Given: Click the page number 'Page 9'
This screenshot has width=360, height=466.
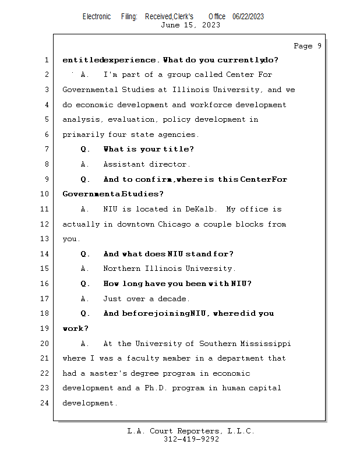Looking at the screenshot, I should coord(308,46).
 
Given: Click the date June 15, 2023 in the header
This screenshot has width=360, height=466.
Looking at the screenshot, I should coord(190,25).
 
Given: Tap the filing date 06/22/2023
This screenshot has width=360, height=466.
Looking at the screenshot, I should coord(248,16).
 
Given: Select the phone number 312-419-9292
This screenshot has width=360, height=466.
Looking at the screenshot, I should coord(191,439).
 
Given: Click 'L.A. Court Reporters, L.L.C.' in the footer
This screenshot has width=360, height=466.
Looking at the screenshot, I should coord(190,431).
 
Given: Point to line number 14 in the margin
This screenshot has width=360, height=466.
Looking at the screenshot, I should coord(46,254).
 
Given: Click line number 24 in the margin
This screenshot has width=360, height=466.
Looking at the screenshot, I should coord(46,403).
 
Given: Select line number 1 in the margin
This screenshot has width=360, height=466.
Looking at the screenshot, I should coord(46,60).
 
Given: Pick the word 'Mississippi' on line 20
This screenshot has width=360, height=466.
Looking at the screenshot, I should coord(266,344).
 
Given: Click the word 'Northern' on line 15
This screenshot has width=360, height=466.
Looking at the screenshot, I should coord(122,269).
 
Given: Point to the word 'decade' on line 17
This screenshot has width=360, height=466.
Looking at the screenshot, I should coord(174,299).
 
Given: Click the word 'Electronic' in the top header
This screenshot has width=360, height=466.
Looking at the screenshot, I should coord(97,16).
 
